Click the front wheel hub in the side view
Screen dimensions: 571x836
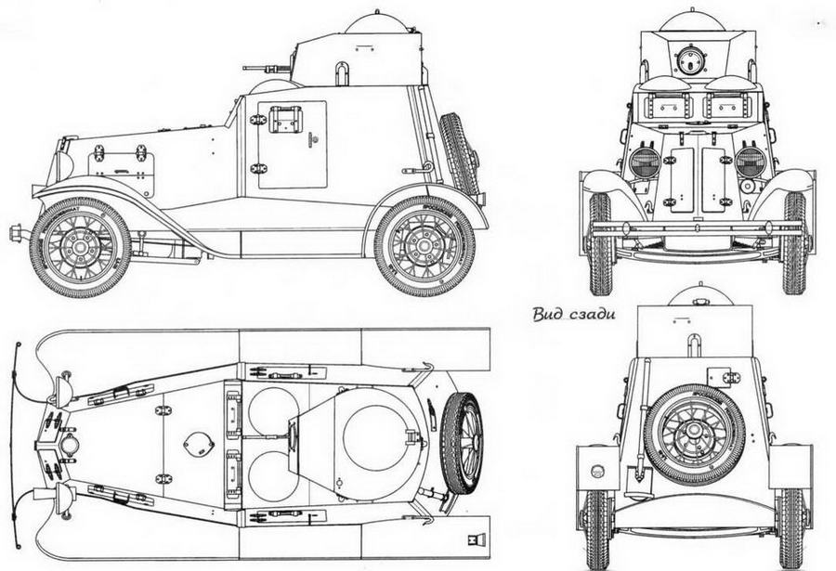click(x=80, y=246)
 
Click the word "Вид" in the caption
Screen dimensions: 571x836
click(x=549, y=313)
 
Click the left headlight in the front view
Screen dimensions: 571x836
click(x=645, y=162)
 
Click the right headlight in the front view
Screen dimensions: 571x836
click(x=751, y=162)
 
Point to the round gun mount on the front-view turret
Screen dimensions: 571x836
click(x=689, y=61)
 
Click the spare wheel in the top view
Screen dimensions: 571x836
click(x=461, y=442)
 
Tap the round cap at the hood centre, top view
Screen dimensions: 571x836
click(x=198, y=443)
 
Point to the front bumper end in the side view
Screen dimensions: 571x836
click(x=15, y=229)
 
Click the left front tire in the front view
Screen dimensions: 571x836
click(x=601, y=243)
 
